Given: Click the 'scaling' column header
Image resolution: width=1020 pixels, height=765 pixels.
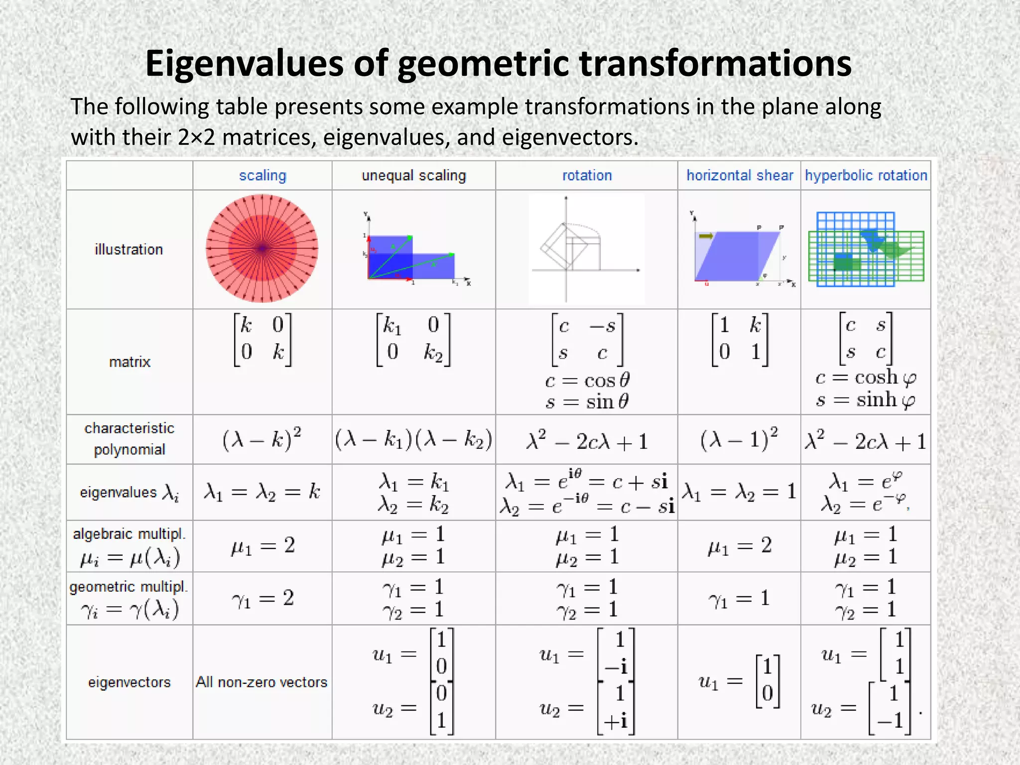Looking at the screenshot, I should click(262, 175).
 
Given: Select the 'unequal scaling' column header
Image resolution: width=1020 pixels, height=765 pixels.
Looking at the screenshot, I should click(413, 175).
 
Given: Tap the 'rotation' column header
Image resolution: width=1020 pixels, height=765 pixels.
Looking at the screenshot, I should click(587, 175).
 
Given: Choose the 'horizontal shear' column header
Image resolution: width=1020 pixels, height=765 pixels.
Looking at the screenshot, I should click(740, 175).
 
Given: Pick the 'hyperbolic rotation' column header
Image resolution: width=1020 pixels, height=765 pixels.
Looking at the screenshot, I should click(866, 175).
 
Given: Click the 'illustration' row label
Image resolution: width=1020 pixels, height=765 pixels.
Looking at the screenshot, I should click(129, 249).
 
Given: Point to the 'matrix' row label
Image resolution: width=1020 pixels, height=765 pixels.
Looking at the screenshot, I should click(129, 362).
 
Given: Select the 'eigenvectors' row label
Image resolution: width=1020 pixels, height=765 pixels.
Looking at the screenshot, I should click(129, 682).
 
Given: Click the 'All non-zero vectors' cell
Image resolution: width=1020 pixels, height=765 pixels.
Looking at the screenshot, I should click(261, 682).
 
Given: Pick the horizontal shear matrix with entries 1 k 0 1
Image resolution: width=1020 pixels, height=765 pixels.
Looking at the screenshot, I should click(740, 339).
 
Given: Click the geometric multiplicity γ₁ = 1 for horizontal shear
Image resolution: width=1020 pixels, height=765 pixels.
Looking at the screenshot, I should click(739, 598).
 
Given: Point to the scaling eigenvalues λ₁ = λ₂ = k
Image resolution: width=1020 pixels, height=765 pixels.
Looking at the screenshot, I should click(262, 492).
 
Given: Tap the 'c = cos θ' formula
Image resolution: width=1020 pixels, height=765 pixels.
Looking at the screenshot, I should click(587, 381).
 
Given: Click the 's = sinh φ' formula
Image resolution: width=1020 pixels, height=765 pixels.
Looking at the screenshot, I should click(866, 399).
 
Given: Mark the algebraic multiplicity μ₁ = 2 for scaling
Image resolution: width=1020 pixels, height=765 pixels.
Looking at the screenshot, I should click(262, 546).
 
